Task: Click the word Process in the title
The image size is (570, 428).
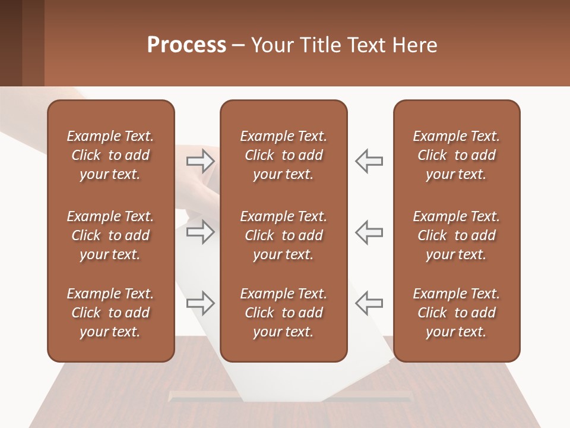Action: pyautogui.click(x=186, y=45)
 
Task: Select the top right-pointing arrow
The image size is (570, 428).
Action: pyautogui.click(x=201, y=161)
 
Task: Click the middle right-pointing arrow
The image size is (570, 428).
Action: pyautogui.click(x=201, y=231)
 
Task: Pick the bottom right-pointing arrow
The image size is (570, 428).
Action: pyautogui.click(x=201, y=303)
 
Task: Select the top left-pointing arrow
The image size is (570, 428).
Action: pyautogui.click(x=369, y=161)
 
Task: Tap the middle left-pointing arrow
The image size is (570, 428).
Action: pyautogui.click(x=369, y=231)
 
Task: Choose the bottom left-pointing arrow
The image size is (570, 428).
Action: pyautogui.click(x=369, y=303)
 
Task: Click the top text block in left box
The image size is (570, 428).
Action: pyautogui.click(x=110, y=155)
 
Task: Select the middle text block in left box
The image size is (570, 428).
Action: pyautogui.click(x=110, y=235)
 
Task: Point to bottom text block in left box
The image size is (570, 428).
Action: pyautogui.click(x=110, y=313)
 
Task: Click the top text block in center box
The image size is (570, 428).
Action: pyautogui.click(x=283, y=155)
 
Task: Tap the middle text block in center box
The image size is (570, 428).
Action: pyautogui.click(x=283, y=235)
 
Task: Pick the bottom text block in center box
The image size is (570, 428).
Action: pyautogui.click(x=283, y=313)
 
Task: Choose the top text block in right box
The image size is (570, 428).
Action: pyautogui.click(x=456, y=155)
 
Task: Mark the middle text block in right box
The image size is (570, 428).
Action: pyautogui.click(x=456, y=235)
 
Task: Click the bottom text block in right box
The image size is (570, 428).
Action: pyautogui.click(x=456, y=313)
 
